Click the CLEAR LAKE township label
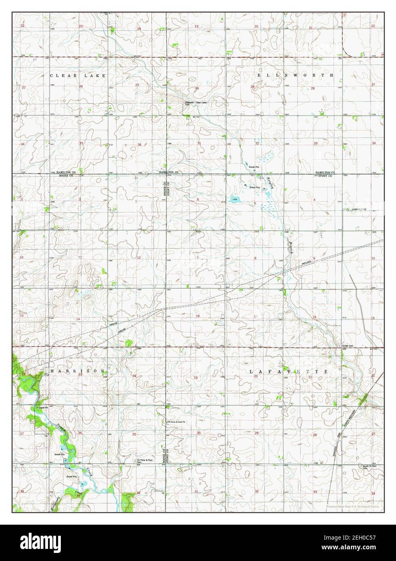pyautogui.click(x=77, y=75)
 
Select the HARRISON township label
pyautogui.click(x=77, y=371)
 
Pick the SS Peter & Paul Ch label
pyautogui.click(x=176, y=422)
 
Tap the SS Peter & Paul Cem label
pyautogui.click(x=144, y=461)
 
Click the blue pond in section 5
pyautogui.click(x=234, y=199)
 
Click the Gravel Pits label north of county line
pyautogui.click(x=253, y=167)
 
